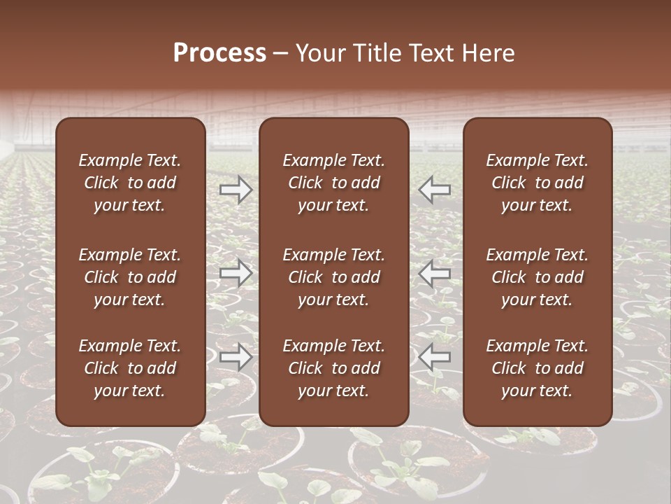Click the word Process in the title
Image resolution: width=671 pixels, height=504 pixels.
219,53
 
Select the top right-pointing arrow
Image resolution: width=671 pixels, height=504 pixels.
236,190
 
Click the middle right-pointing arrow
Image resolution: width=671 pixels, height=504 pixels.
236,273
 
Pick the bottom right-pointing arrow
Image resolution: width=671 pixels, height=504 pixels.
236,357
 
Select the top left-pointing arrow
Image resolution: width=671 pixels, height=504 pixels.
434,190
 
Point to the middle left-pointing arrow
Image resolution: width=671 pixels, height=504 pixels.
434,273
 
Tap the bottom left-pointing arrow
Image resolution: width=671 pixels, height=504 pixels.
434,357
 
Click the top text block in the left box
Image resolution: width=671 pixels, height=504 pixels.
130,183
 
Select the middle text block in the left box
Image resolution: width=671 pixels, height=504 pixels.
130,277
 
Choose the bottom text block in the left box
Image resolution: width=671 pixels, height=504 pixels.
130,368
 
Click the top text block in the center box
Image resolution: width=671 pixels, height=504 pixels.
334,183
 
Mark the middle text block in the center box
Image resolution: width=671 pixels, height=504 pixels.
334,277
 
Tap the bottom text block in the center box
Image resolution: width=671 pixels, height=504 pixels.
334,368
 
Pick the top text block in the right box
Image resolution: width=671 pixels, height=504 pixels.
537,183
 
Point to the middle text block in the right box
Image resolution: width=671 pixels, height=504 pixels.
537,277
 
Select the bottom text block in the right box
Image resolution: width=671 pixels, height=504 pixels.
537,368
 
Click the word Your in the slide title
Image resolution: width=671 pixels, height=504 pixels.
319,53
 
